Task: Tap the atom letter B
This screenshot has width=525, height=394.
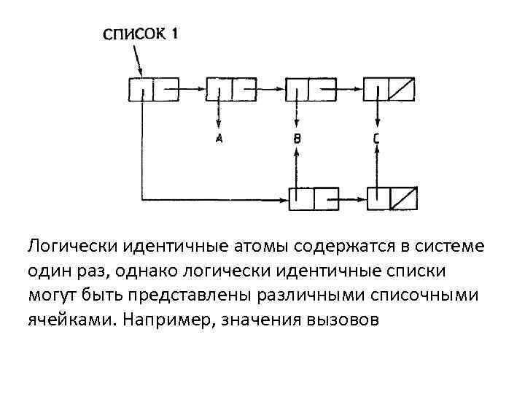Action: [x=297, y=138]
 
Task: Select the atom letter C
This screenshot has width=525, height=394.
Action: [x=376, y=138]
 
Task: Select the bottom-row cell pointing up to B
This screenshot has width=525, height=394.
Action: [x=314, y=198]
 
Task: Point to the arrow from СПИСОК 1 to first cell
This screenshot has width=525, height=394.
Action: [x=134, y=58]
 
